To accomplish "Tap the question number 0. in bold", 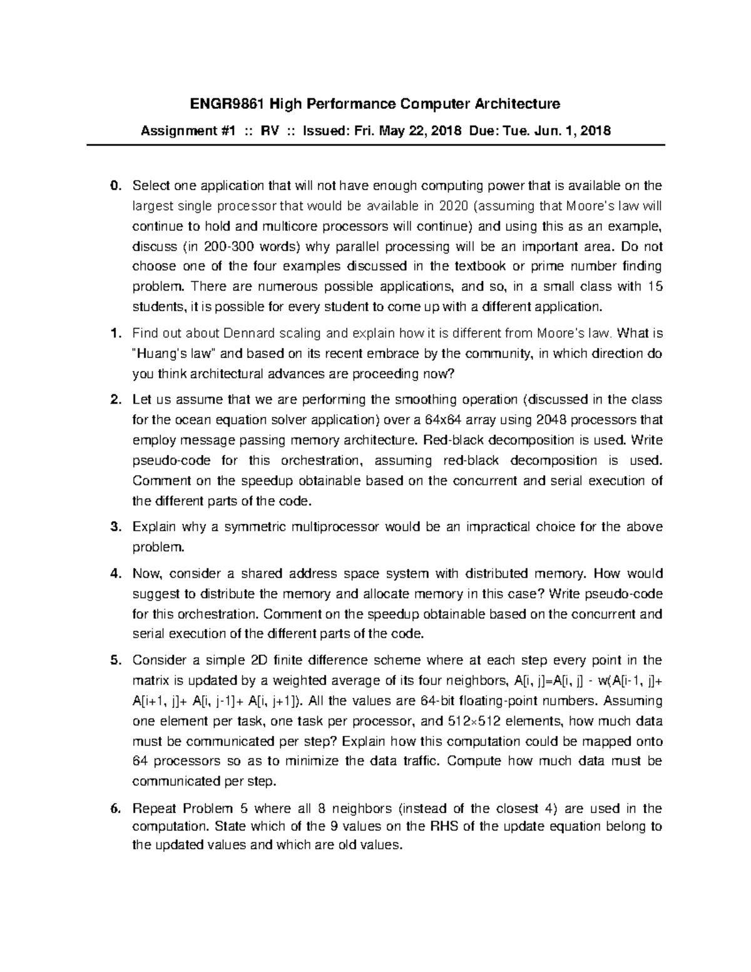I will (x=114, y=186).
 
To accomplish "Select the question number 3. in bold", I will (x=114, y=527).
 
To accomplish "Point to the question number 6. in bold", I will (x=114, y=809).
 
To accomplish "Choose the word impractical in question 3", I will (x=498, y=527).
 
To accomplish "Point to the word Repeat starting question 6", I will (x=151, y=809).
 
